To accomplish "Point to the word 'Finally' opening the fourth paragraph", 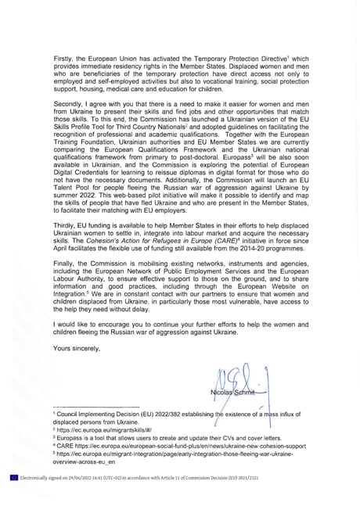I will pos(63,285).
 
